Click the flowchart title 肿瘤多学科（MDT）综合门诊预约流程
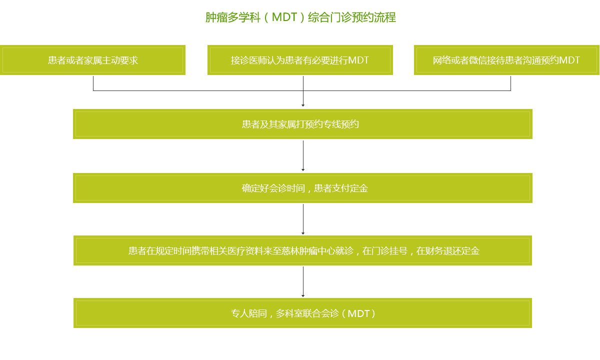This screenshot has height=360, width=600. [300, 17]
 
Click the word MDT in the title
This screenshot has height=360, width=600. [284, 17]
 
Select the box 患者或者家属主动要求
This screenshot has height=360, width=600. [93, 60]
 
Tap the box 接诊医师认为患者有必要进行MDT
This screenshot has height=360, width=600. [300, 60]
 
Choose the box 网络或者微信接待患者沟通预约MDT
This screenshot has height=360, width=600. [506, 60]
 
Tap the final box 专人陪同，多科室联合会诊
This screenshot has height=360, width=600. [303, 313]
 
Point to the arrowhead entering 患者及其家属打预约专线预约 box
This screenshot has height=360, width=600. [303, 105]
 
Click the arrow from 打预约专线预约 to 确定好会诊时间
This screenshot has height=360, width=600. [303, 155]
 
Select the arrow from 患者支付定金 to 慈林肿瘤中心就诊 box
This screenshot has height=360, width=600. [303, 219]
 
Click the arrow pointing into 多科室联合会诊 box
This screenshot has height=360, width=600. [303, 281]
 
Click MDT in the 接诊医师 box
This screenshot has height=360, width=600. [358, 60]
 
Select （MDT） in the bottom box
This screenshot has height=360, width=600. [358, 313]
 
